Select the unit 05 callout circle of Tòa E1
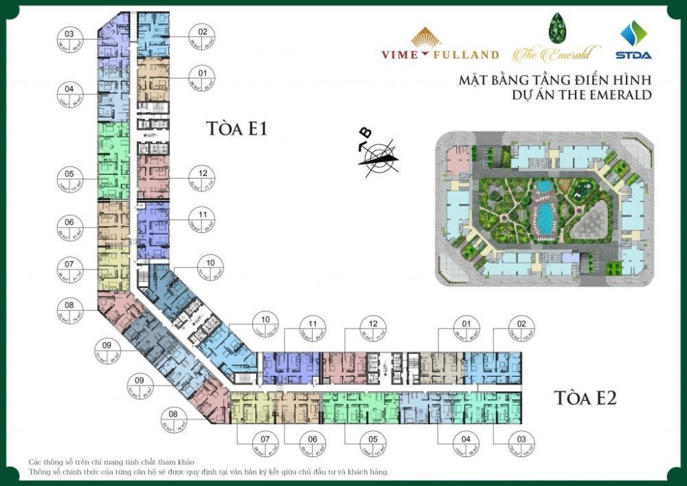point(69,181)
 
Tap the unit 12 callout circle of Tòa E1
point(203,181)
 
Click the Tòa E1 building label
point(236,129)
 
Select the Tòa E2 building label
point(585,397)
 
